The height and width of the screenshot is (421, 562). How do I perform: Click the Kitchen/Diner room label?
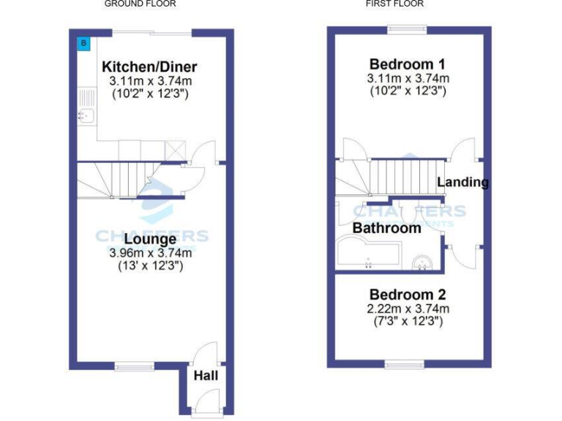[x=149, y=67]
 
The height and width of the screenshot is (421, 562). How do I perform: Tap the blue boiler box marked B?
[x=83, y=43]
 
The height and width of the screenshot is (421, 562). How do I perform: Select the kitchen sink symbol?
[x=85, y=115]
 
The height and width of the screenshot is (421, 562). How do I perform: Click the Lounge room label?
[x=150, y=239]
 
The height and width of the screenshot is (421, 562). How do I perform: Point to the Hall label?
[x=206, y=376]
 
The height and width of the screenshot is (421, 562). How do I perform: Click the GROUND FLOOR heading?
[x=140, y=4]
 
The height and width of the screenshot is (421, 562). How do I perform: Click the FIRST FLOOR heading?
[x=394, y=4]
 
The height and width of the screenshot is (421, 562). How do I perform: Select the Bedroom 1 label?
[x=408, y=64]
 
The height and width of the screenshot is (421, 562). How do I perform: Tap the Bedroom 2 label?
[x=408, y=295]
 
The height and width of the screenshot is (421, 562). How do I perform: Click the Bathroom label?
[x=387, y=228]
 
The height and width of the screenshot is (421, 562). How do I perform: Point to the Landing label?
[x=462, y=182]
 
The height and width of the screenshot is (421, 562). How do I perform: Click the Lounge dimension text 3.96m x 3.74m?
[x=150, y=253]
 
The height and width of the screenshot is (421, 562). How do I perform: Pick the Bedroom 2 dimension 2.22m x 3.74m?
[x=408, y=308]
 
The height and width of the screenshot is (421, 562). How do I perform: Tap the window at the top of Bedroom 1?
[x=408, y=29]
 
